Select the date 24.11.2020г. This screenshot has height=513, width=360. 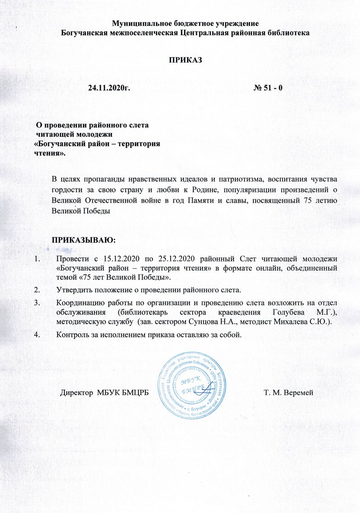(108, 87)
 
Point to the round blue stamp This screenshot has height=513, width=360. (191, 383)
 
